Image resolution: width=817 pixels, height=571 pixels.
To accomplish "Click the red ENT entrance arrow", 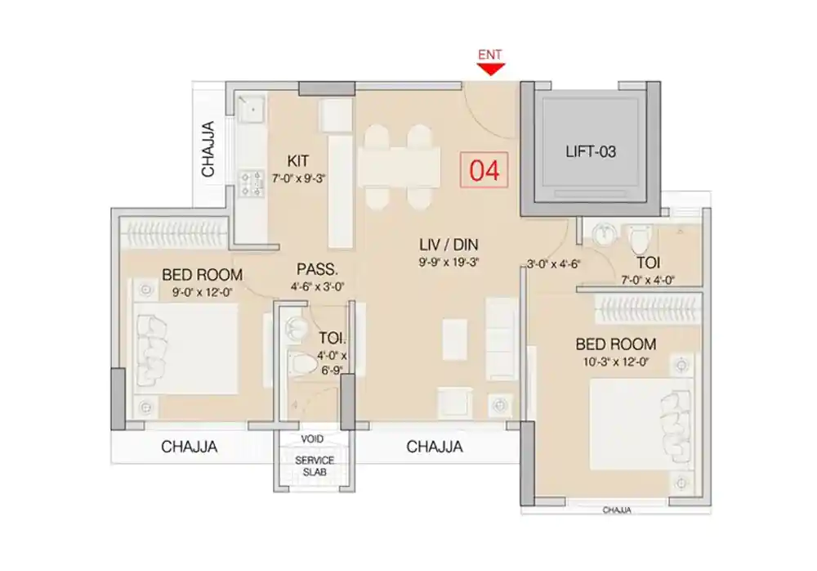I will (x=490, y=69).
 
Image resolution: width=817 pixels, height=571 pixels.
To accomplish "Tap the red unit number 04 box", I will (x=484, y=171).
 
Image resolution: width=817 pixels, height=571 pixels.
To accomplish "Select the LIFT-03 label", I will (x=590, y=152).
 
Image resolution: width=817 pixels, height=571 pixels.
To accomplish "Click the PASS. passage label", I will (x=313, y=268).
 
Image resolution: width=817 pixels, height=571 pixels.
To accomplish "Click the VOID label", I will (x=314, y=438).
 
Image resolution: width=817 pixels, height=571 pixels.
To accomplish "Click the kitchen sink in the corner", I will (x=250, y=107).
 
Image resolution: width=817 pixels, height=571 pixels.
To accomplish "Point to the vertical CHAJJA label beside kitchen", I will (x=208, y=149).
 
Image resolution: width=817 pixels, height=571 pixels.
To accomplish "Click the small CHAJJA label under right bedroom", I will (x=617, y=510).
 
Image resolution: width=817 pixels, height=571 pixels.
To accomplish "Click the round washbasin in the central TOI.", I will (x=293, y=328).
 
